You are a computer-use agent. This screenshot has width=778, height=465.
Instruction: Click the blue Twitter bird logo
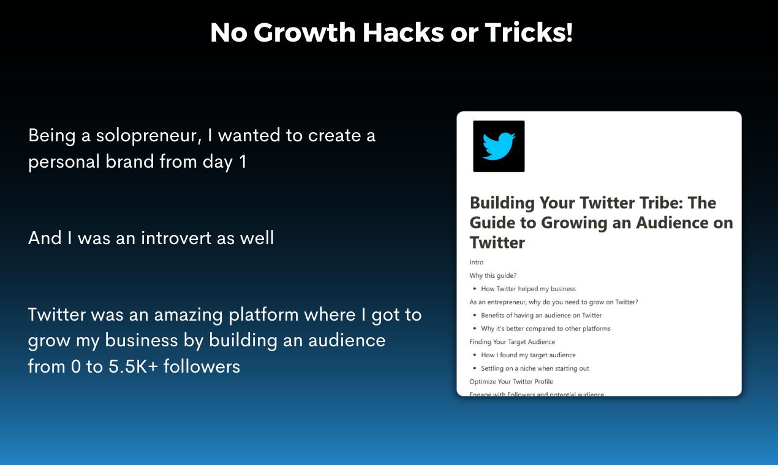pyautogui.click(x=499, y=146)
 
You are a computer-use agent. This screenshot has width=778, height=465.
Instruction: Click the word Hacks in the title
pyautogui.click(x=403, y=32)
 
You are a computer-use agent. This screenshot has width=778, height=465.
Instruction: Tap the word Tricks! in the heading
pyautogui.click(x=529, y=32)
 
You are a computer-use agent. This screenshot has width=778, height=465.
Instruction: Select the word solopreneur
pyautogui.click(x=149, y=136)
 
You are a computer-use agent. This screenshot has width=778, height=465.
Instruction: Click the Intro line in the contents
pyautogui.click(x=476, y=262)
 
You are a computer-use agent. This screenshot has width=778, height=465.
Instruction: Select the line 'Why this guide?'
pyautogui.click(x=493, y=275)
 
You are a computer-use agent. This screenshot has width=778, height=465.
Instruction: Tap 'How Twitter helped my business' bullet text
pyautogui.click(x=528, y=289)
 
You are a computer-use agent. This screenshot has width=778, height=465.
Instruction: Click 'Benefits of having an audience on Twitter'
pyautogui.click(x=542, y=315)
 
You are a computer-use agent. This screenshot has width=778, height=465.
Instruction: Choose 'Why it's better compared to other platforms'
pyautogui.click(x=546, y=329)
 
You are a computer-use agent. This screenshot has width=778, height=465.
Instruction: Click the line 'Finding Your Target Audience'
pyautogui.click(x=512, y=342)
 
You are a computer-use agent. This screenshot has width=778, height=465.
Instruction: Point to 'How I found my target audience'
pyautogui.click(x=528, y=355)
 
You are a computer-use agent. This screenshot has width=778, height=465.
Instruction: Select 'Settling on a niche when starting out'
pyautogui.click(x=535, y=368)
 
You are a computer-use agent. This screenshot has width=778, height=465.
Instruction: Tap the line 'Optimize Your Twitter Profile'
pyautogui.click(x=512, y=382)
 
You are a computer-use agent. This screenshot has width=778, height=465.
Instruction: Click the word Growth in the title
pyautogui.click(x=304, y=32)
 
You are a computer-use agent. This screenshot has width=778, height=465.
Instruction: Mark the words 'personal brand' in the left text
pyautogui.click(x=91, y=162)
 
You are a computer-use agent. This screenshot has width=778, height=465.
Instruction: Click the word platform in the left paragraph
pyautogui.click(x=263, y=315)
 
